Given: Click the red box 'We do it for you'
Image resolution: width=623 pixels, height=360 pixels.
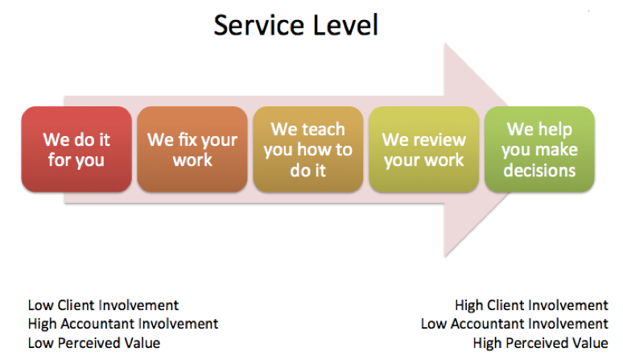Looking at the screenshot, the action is pyautogui.click(x=76, y=150).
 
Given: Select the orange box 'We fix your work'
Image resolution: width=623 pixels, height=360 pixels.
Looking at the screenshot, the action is pyautogui.click(x=192, y=150).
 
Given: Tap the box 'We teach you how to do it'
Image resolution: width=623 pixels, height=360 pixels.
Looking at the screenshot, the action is pyautogui.click(x=308, y=150).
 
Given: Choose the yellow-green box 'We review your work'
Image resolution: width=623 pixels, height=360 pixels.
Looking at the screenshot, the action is pyautogui.click(x=424, y=150).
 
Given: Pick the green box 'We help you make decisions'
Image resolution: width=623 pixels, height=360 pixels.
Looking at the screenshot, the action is pyautogui.click(x=539, y=150).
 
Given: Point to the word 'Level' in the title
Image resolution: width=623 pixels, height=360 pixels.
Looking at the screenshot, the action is pyautogui.click(x=345, y=26).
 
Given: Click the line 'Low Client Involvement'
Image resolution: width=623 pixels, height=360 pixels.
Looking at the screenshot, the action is pyautogui.click(x=103, y=305).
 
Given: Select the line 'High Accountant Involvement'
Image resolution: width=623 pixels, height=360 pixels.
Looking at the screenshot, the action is pyautogui.click(x=123, y=324).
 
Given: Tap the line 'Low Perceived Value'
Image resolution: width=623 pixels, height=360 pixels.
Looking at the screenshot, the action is pyautogui.click(x=94, y=343).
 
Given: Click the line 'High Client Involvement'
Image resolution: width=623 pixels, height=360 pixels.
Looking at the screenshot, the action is pyautogui.click(x=531, y=305).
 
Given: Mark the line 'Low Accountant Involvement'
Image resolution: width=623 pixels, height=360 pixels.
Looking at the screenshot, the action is pyautogui.click(x=514, y=324).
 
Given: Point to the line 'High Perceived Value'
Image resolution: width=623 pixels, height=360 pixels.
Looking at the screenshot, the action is pyautogui.click(x=540, y=343).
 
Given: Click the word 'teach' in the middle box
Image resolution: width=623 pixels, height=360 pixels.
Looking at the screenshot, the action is pyautogui.click(x=322, y=130).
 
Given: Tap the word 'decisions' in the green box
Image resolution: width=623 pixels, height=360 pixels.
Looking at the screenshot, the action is pyautogui.click(x=539, y=171).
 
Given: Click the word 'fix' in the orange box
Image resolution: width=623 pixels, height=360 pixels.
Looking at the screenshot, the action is pyautogui.click(x=188, y=140).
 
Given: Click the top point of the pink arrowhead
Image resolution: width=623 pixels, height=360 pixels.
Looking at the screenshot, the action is pyautogui.click(x=445, y=43).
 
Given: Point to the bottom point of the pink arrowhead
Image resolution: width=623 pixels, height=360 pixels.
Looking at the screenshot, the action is pyautogui.click(x=445, y=257).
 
